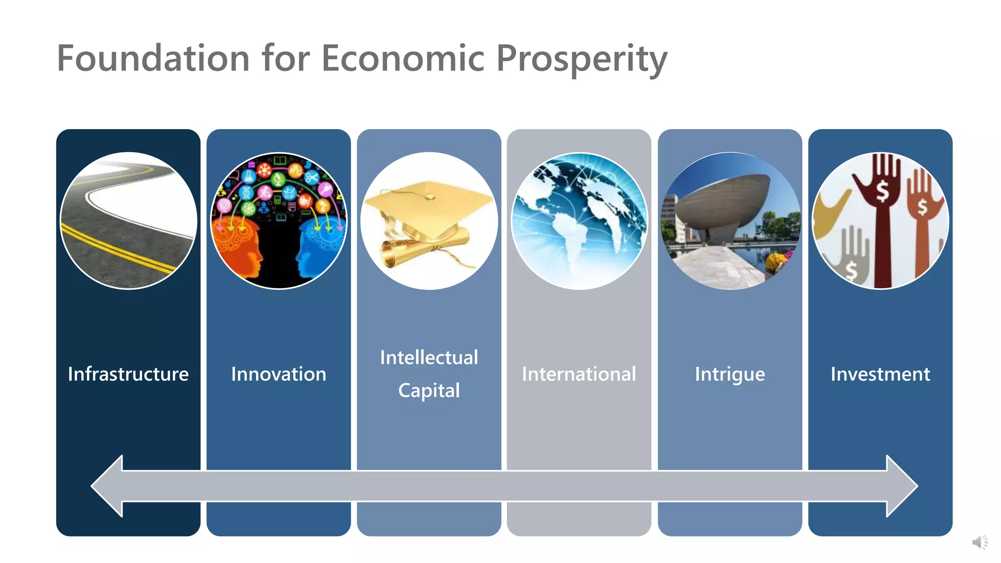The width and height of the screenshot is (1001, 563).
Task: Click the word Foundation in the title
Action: click(153, 58)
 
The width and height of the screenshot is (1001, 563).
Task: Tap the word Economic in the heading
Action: click(403, 58)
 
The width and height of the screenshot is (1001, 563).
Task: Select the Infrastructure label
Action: click(128, 374)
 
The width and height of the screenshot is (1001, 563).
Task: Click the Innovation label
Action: click(279, 374)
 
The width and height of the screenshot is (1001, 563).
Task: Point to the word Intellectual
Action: click(429, 358)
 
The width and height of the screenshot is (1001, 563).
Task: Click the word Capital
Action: click(429, 390)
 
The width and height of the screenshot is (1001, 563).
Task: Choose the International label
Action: click(579, 374)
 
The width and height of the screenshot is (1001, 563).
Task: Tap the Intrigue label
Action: click(730, 374)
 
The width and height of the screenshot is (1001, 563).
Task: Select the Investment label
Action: click(880, 374)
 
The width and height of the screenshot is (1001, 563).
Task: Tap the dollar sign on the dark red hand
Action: click(882, 192)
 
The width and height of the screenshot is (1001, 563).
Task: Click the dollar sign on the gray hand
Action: click(851, 270)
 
